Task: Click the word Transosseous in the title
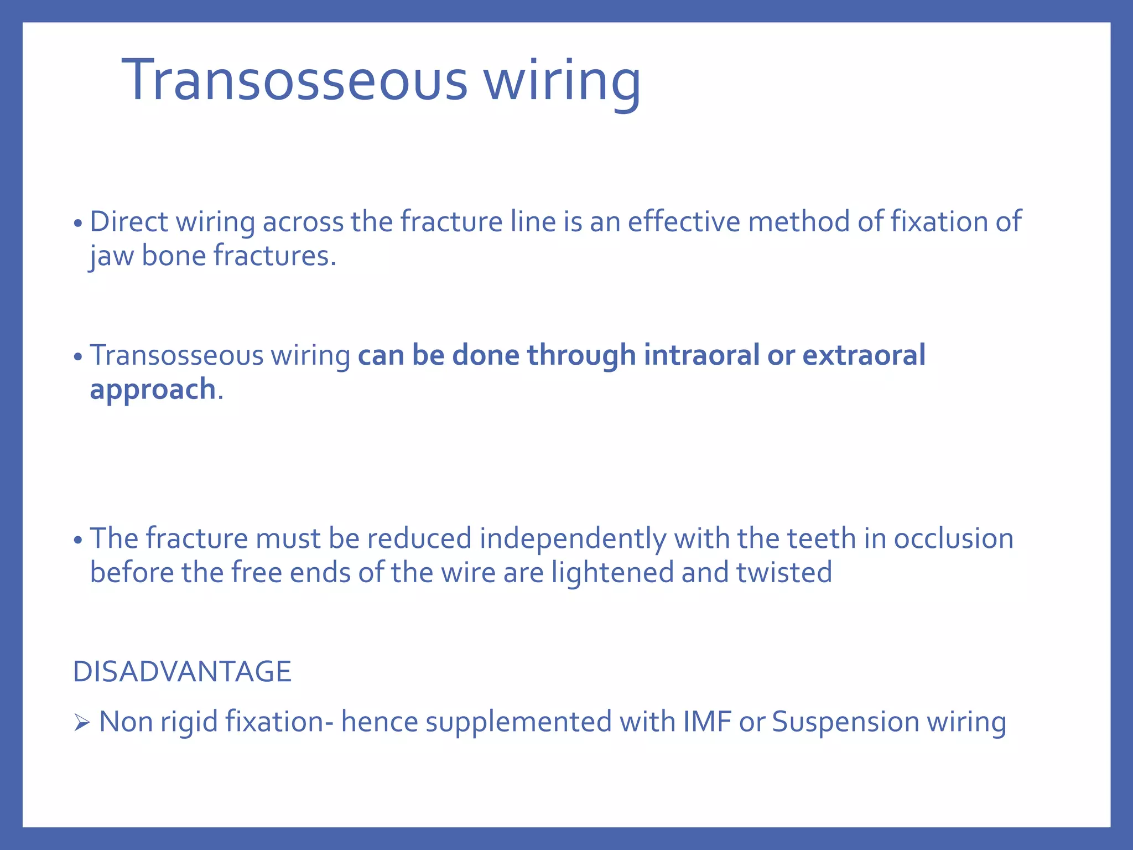click(295, 81)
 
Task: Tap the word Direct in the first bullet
click(128, 222)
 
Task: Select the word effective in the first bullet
click(684, 222)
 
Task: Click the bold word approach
click(153, 390)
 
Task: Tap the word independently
click(573, 538)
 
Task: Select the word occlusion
click(953, 538)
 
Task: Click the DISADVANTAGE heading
click(182, 672)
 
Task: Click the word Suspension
click(845, 722)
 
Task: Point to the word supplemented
click(518, 722)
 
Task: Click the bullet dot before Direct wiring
click(78, 224)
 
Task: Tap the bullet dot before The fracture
click(78, 541)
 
